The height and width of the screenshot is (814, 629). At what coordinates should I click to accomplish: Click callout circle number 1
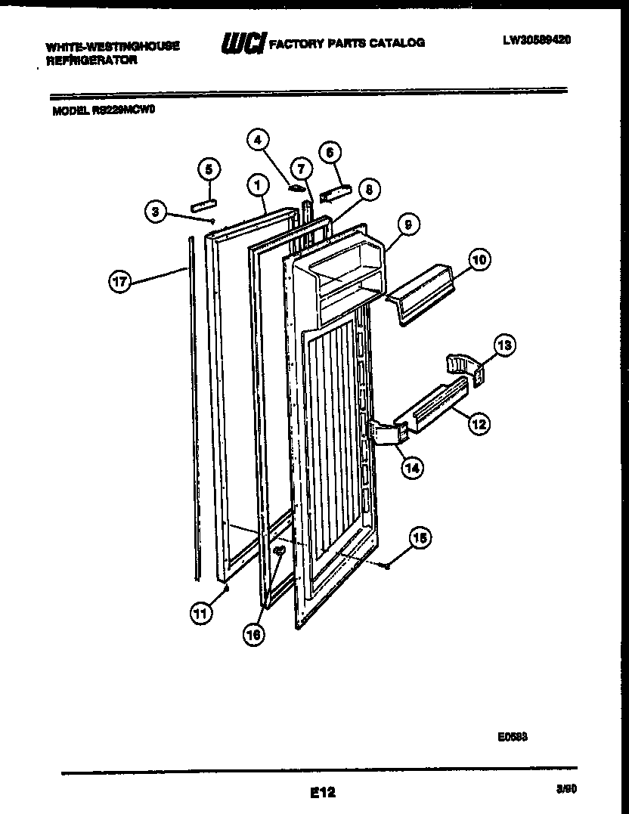pyautogui.click(x=258, y=184)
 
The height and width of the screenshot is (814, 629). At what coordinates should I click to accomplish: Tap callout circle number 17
pyautogui.click(x=119, y=283)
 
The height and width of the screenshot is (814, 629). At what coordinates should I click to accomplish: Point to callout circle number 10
pyautogui.click(x=478, y=260)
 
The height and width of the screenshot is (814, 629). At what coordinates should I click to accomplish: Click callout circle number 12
pyautogui.click(x=478, y=423)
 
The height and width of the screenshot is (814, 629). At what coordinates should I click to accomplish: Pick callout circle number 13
pyautogui.click(x=504, y=345)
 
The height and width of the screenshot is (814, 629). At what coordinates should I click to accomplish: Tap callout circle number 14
pyautogui.click(x=412, y=467)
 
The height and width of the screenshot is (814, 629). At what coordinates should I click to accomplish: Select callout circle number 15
pyautogui.click(x=419, y=539)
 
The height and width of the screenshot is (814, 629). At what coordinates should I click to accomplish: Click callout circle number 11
pyautogui.click(x=200, y=614)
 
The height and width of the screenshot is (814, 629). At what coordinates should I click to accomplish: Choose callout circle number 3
pyautogui.click(x=155, y=212)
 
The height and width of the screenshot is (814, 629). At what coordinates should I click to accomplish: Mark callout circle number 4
pyautogui.click(x=259, y=140)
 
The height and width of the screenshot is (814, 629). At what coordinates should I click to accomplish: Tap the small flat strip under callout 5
pyautogui.click(x=203, y=203)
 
